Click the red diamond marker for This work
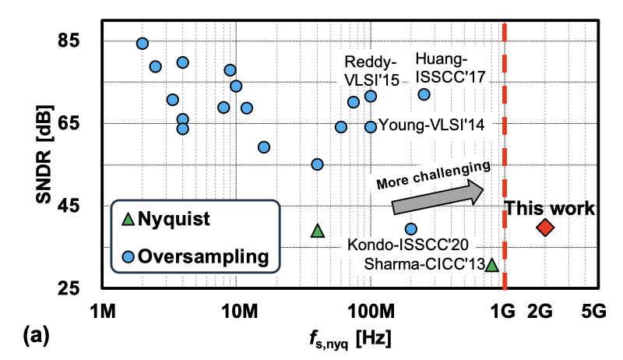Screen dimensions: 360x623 coord(545,228)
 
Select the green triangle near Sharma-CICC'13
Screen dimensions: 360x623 coord(491,266)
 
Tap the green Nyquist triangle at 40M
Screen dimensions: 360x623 coord(317,231)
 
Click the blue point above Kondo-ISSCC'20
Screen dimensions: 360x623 coord(411,229)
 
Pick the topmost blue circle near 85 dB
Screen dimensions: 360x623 coord(143,44)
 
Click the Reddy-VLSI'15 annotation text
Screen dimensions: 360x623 coord(372,71)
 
